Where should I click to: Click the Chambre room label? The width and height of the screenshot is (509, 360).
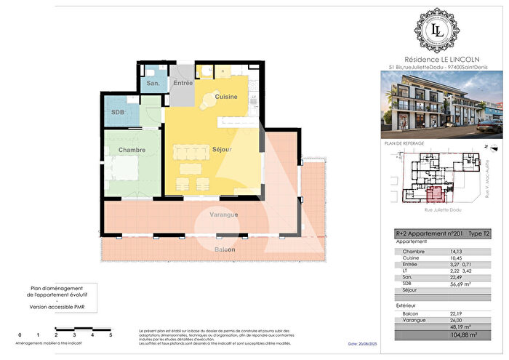[132, 150]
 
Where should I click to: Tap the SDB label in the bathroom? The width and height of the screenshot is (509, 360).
[116, 113]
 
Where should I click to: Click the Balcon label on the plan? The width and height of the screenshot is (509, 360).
[225, 249]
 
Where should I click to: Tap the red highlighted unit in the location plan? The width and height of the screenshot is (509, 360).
[436, 194]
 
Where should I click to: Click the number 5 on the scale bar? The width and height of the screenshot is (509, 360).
[111, 335]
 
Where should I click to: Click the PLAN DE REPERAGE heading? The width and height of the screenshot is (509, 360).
[401, 144]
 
